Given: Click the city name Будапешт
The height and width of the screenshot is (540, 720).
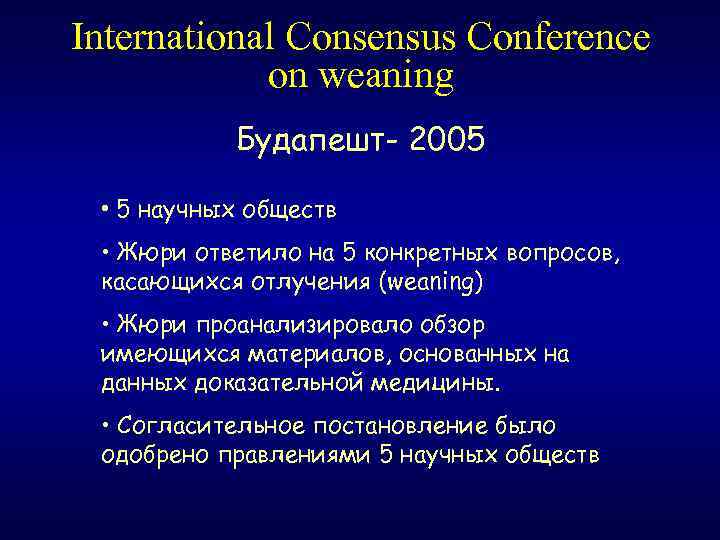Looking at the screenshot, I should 310,142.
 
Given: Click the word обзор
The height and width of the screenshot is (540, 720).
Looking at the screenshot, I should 455,326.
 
